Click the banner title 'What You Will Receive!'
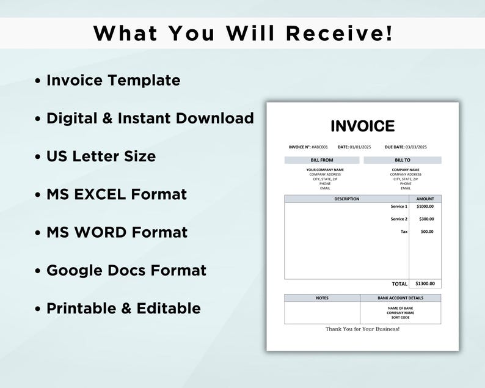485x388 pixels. pos(242,34)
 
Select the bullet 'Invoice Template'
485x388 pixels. pos(113,80)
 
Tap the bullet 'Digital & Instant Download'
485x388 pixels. pos(150,118)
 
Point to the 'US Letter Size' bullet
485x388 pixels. pos(101,156)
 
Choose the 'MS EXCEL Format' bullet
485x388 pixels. pos(116,194)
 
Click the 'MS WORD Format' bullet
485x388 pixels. pos(117,232)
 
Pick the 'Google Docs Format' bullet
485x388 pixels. pos(126,270)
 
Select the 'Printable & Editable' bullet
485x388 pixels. pos(123,308)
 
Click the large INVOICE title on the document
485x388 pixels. pos(362,126)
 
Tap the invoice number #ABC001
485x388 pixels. pos(319,147)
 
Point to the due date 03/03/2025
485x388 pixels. pos(417,147)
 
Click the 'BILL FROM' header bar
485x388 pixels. pos(322,160)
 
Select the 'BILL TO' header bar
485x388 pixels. pos(403,160)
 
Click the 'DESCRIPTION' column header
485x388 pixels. pos(346,199)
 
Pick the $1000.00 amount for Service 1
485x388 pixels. pos(425,207)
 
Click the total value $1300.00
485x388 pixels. pos(425,284)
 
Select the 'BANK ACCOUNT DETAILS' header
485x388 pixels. pos(401,298)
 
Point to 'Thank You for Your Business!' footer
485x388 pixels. pos(362,329)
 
